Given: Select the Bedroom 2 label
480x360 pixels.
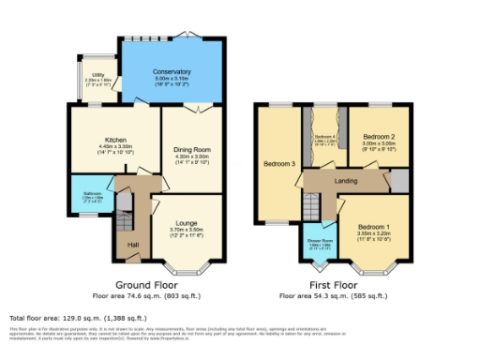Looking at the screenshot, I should click(x=379, y=137).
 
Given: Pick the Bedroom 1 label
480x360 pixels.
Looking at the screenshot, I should click(x=374, y=228).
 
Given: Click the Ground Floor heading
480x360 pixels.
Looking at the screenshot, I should click(x=145, y=284).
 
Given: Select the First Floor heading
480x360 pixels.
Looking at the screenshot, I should click(x=333, y=284).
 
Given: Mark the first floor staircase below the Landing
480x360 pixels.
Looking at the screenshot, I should click(x=311, y=203).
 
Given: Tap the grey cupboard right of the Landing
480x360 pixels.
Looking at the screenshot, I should click(x=399, y=180).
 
